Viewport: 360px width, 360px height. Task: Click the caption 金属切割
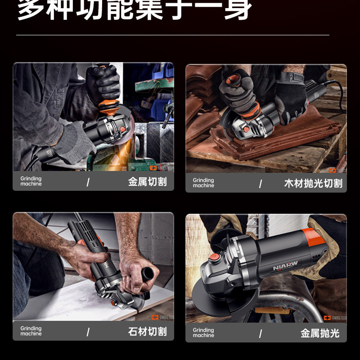[147, 182]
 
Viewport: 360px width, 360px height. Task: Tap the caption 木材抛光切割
[313, 183]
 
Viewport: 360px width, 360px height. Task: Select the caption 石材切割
[147, 332]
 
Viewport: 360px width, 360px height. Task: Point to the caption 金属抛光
[320, 333]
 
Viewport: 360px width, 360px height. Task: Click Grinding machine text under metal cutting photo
[31, 181]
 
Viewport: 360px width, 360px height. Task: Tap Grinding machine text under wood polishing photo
[203, 183]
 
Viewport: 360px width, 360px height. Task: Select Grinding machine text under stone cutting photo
[31, 331]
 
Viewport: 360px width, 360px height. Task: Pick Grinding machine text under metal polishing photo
[203, 333]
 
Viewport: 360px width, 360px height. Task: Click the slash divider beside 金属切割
[88, 182]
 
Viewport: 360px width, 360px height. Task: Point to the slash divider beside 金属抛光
[261, 333]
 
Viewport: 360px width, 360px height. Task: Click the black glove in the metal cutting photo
[102, 83]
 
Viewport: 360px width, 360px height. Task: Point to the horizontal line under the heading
[173, 35]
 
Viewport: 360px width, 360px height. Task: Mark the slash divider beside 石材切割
[88, 332]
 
